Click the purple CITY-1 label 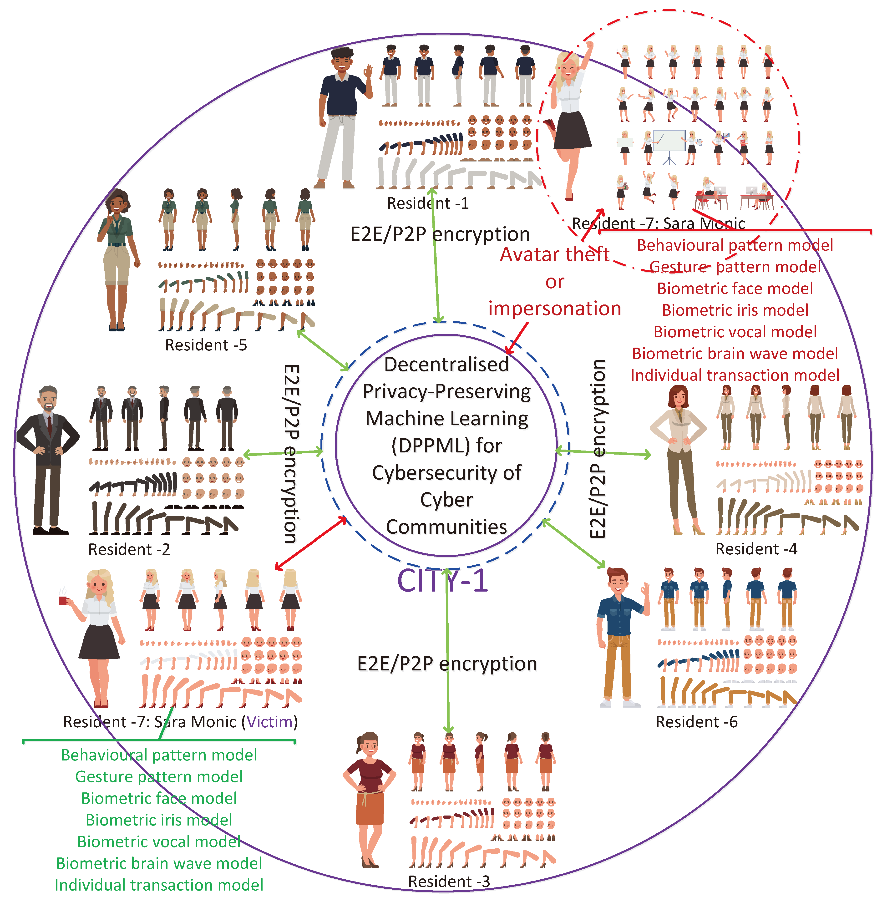(442, 580)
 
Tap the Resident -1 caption (428, 203)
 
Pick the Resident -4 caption (756, 549)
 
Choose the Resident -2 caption (129, 549)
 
